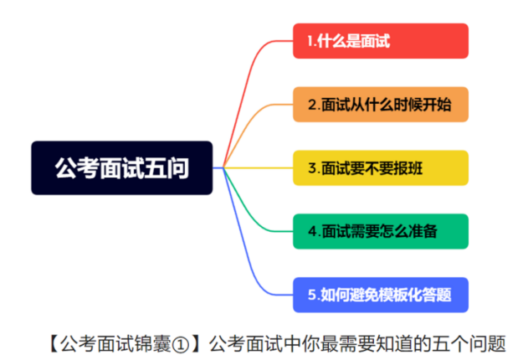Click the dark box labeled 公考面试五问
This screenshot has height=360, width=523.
122,167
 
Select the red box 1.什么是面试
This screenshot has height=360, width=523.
381,41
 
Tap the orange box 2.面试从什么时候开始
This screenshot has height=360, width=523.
381,105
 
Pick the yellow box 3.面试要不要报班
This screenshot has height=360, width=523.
381,167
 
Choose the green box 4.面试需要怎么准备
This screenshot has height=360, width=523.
381,231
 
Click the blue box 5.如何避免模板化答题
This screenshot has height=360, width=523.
381,295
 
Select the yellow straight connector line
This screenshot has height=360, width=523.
259,167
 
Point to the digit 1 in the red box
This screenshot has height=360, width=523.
310,41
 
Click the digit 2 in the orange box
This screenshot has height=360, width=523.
313,105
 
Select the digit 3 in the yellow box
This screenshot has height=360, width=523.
312,167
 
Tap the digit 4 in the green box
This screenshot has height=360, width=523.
313,231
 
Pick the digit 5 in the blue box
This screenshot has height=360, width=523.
312,295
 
